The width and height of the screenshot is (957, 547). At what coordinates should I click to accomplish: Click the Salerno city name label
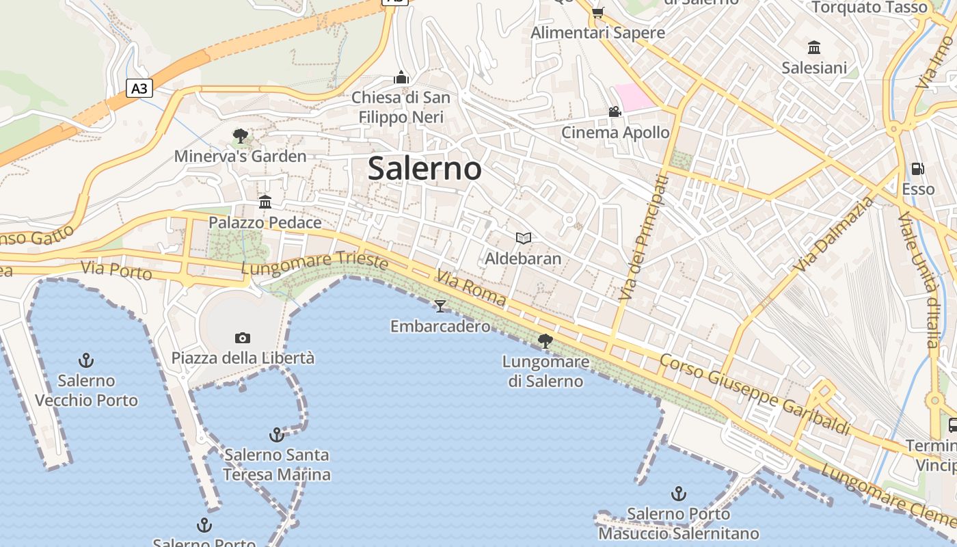[x=424, y=168]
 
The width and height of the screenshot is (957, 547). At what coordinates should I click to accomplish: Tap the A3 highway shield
[x=139, y=88]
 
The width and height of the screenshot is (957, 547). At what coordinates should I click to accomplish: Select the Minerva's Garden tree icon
[x=240, y=135]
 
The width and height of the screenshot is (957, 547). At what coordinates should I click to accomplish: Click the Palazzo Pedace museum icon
[x=265, y=202]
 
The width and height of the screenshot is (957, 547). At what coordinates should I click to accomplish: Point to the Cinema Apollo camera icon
[x=615, y=111]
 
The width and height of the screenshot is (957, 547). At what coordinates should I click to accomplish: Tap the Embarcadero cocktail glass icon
[x=440, y=306]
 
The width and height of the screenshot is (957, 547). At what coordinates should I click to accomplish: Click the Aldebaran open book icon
[x=524, y=238]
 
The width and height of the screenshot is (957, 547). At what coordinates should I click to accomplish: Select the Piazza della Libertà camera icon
[x=242, y=338]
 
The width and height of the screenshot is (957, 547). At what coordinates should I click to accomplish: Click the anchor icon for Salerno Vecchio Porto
[x=86, y=360]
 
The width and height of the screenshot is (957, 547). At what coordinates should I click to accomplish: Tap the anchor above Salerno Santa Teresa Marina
[x=277, y=434]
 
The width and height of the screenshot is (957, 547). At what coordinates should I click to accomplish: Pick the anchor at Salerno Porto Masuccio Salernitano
[x=679, y=493]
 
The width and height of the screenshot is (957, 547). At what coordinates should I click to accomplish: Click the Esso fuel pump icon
[x=918, y=169]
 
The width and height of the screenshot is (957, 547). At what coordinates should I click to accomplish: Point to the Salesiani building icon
[x=814, y=47]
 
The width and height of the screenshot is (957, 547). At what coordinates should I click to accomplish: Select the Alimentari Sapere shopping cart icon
[x=597, y=12]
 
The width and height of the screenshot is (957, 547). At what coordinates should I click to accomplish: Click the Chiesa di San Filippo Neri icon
[x=401, y=77]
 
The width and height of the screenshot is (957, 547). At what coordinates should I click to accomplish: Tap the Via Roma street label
[x=471, y=289]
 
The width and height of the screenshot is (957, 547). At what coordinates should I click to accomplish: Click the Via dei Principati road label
[x=643, y=237]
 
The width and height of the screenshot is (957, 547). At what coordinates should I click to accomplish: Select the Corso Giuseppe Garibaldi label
[x=755, y=395]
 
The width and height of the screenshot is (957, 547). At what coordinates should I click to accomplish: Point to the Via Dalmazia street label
[x=835, y=232]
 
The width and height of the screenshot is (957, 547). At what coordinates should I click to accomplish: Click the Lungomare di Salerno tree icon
[x=545, y=341]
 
